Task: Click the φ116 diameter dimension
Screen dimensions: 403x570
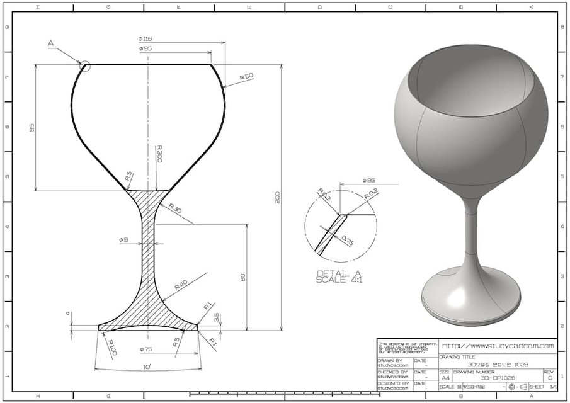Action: [x=145, y=38]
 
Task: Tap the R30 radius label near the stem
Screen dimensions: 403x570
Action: [x=174, y=208]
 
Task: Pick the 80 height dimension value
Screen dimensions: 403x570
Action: [x=242, y=277]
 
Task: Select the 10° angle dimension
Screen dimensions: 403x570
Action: [x=147, y=366]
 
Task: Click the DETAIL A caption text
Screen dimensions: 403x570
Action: [x=339, y=273]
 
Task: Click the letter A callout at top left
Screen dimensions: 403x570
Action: [x=51, y=43]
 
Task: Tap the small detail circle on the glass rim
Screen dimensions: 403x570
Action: [x=86, y=65]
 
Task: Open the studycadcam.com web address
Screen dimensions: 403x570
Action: [x=498, y=346]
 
